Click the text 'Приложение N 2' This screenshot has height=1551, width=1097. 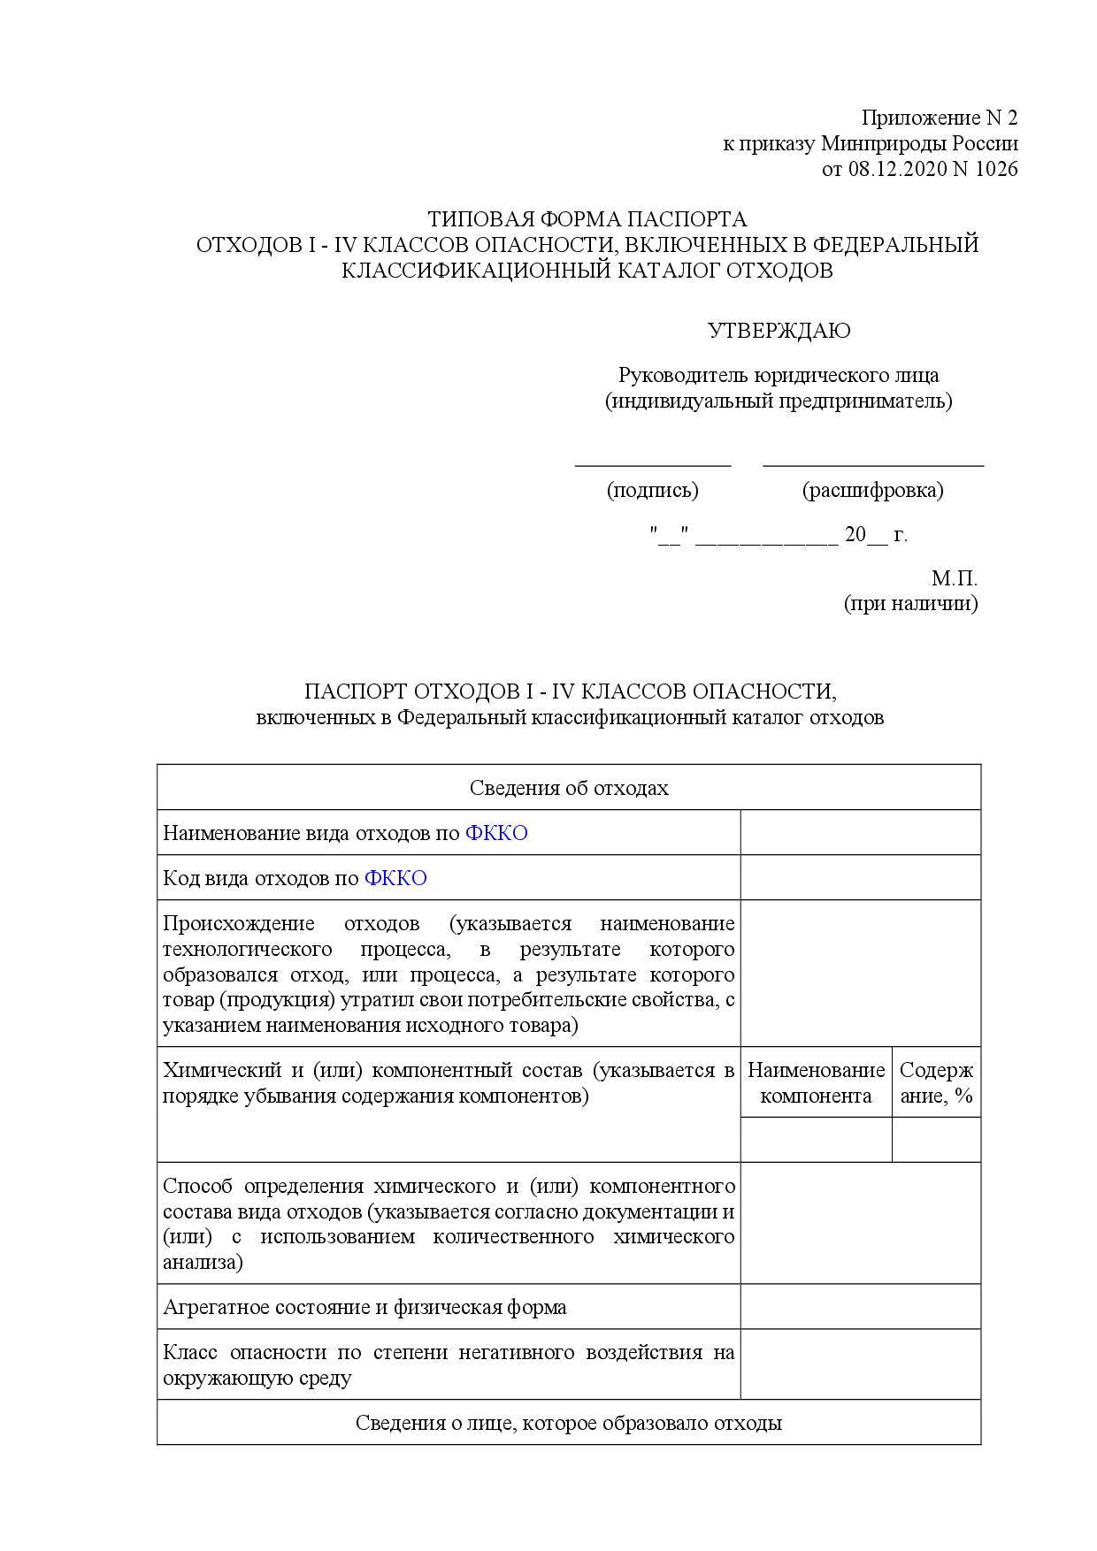[x=940, y=118]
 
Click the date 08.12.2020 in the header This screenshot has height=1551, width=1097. [x=897, y=169]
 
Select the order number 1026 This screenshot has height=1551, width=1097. [x=996, y=169]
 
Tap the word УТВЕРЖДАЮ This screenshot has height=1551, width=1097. [x=779, y=331]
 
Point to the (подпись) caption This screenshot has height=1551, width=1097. [x=652, y=490]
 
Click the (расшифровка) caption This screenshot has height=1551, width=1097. [x=872, y=490]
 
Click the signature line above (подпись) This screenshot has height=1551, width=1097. [x=653, y=463]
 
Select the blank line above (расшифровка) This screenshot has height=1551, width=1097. [x=872, y=463]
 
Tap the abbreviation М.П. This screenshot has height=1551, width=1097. [x=954, y=578]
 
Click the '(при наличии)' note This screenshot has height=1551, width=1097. [x=910, y=604]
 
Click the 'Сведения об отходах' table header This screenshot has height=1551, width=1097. [x=569, y=788]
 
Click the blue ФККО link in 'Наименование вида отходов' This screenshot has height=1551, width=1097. [x=496, y=833]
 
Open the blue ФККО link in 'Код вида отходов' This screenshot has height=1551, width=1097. [x=395, y=878]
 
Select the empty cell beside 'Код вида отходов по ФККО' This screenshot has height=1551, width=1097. [x=860, y=877]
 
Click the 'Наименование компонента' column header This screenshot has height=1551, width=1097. [x=816, y=1083]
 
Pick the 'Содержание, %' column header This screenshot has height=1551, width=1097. [x=936, y=1083]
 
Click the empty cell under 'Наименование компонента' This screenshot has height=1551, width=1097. [x=816, y=1140]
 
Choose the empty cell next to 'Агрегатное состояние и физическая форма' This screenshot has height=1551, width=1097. [x=860, y=1306]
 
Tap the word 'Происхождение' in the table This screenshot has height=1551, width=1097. [x=239, y=924]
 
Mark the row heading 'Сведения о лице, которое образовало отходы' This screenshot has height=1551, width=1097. [x=569, y=1423]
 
